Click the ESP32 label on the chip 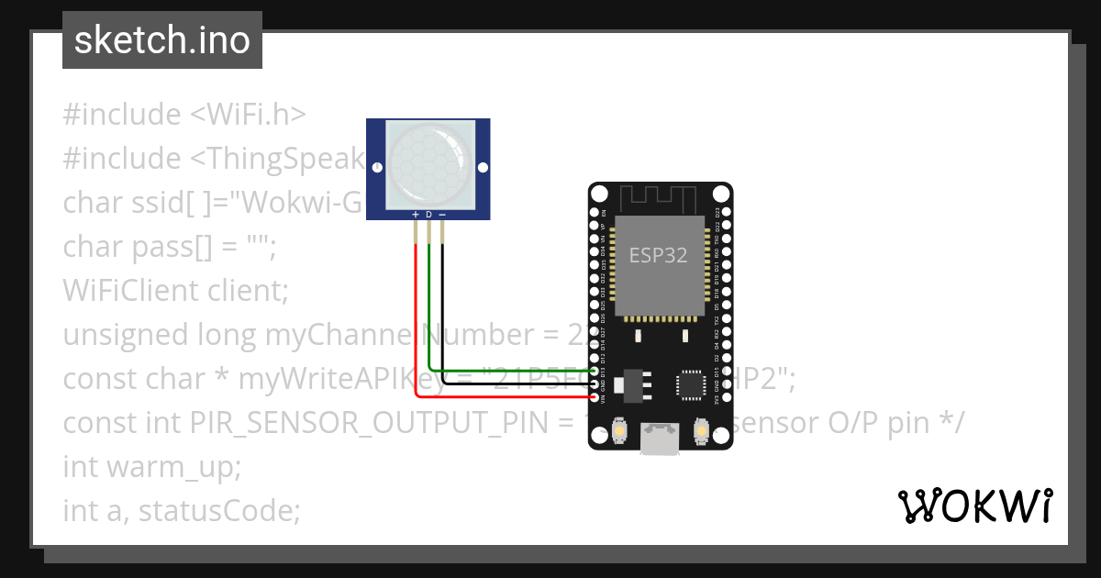(x=658, y=255)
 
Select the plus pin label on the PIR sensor (x=416, y=214)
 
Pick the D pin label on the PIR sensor (x=428, y=214)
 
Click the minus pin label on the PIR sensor (x=442, y=214)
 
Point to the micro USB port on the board (x=661, y=439)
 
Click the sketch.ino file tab (x=162, y=40)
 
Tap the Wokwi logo (x=974, y=506)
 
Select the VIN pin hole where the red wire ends (x=595, y=396)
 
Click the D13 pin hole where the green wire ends (x=595, y=371)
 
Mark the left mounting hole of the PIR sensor (x=377, y=168)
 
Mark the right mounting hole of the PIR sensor (x=483, y=168)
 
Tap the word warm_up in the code (x=173, y=467)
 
